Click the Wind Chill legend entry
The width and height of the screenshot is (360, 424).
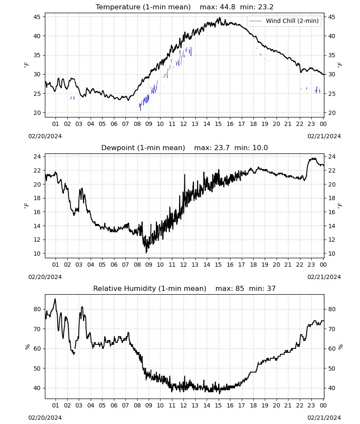[284, 21]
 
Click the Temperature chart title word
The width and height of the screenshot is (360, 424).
[118, 7]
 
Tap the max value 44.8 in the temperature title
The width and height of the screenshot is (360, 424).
[227, 7]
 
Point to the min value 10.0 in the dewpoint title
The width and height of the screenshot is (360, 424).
[260, 148]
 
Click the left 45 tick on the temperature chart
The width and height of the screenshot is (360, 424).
[37, 17]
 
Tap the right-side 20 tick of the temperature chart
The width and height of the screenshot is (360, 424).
[332, 113]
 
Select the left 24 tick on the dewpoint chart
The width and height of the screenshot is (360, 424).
[37, 156]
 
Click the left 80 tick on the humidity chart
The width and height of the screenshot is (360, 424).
[37, 309]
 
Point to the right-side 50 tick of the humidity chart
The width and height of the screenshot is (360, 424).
[332, 368]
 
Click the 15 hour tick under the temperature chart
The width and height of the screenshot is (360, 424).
[218, 124]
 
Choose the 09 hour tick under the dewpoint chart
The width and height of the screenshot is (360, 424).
[149, 265]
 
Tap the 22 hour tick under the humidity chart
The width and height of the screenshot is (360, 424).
[299, 405]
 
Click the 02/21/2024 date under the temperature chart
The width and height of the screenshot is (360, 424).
[324, 136]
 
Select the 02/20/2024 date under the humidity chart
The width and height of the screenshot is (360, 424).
[45, 418]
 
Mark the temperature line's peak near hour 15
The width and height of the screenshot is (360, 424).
[219, 18]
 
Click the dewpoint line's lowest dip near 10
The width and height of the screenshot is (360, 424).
[147, 253]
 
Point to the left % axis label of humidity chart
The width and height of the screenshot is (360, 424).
[28, 347]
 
